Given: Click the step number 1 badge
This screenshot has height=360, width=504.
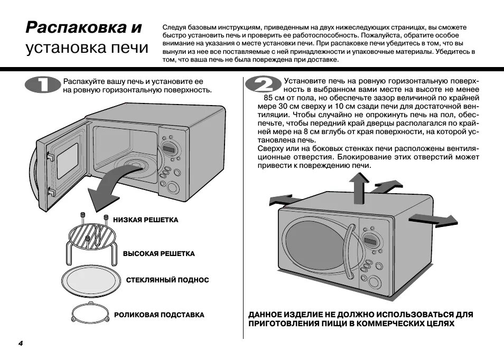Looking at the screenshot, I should pyautogui.click(x=42, y=85).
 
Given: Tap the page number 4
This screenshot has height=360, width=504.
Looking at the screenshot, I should pyautogui.click(x=21, y=344).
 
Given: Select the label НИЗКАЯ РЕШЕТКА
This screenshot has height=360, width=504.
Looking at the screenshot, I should pyautogui.click(x=145, y=220).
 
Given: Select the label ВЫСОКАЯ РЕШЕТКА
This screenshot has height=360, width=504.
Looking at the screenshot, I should pyautogui.click(x=158, y=254).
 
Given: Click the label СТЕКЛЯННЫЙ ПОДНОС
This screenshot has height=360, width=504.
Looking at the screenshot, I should pyautogui.click(x=167, y=280).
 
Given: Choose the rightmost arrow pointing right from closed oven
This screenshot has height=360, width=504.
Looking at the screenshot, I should pyautogui.click(x=433, y=219).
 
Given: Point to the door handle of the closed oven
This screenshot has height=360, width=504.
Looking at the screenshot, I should pyautogui.click(x=349, y=251).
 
